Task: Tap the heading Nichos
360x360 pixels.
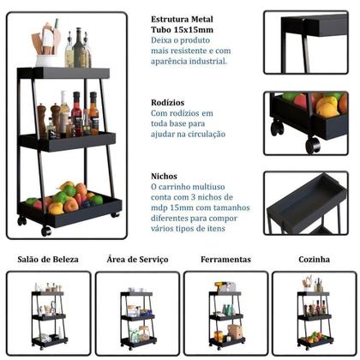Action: [164, 175]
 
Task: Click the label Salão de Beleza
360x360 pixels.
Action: [48, 259]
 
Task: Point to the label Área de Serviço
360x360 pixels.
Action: [137, 259]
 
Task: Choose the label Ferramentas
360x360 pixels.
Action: [225, 259]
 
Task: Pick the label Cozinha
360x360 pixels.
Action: [313, 259]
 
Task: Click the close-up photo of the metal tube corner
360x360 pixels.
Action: [305, 42]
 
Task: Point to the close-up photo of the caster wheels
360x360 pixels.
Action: [305, 123]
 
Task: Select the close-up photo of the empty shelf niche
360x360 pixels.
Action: [305, 203]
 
